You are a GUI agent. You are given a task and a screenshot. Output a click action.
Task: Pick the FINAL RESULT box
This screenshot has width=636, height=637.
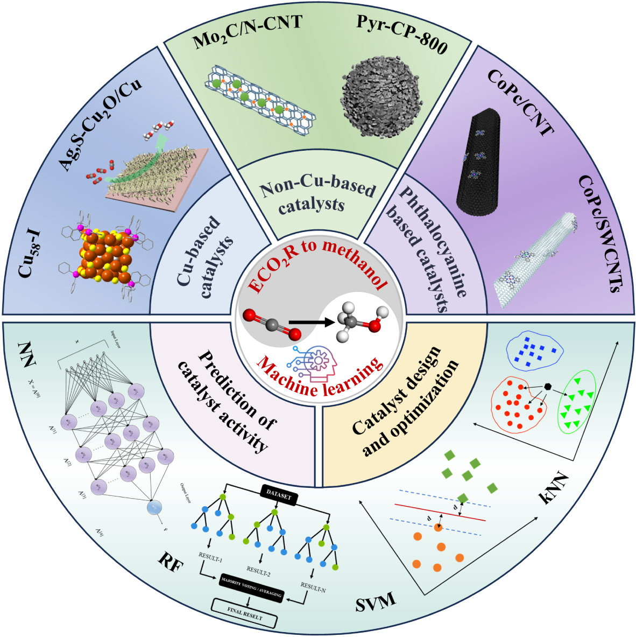tap(245, 613)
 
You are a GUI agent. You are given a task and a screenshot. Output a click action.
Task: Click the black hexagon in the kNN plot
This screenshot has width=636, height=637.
tap(547, 386)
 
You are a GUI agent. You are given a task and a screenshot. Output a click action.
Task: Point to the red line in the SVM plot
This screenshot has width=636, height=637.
tap(440, 512)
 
